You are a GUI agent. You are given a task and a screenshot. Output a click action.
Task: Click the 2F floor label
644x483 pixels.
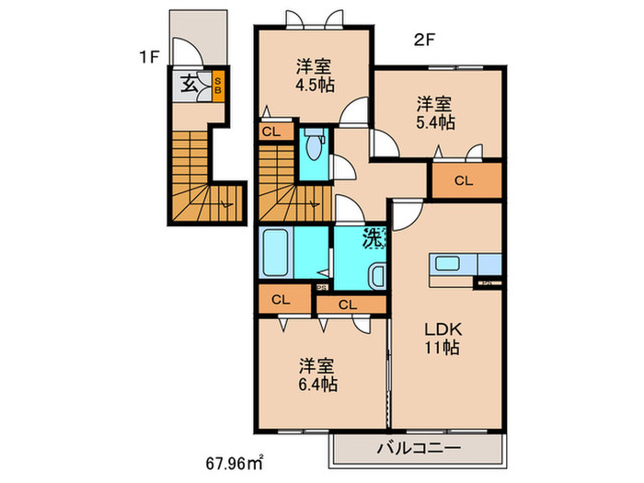point(422,38)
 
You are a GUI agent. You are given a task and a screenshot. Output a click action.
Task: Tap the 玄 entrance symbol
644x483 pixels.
point(188,86)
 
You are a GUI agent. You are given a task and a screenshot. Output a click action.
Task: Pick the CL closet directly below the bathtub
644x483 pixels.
point(281,300)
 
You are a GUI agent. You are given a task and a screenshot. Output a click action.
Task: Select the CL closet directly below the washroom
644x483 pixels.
point(349,305)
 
